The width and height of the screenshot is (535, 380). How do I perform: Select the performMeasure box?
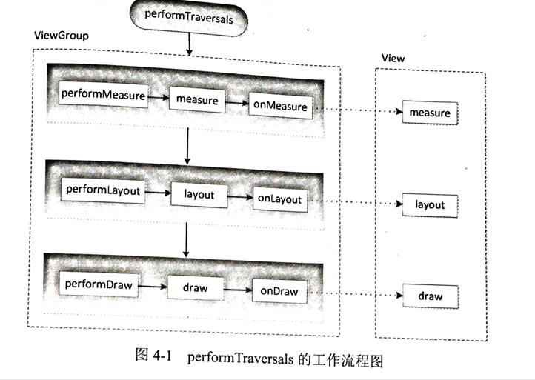102,96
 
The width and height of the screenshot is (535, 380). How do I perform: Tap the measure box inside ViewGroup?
196,99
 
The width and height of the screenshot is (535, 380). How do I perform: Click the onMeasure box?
279,106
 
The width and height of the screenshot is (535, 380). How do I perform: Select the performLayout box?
102,190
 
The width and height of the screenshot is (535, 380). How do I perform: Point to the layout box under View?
429,204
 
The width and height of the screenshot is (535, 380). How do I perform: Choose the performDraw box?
99,283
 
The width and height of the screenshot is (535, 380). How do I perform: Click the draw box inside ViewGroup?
196,287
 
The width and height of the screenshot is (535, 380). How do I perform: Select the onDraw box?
278,291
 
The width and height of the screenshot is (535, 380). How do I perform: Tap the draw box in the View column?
429,296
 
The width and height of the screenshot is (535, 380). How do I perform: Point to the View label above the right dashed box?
393,58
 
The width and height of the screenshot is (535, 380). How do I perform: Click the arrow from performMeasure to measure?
159,97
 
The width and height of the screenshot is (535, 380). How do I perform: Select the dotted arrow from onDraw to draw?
353,294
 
